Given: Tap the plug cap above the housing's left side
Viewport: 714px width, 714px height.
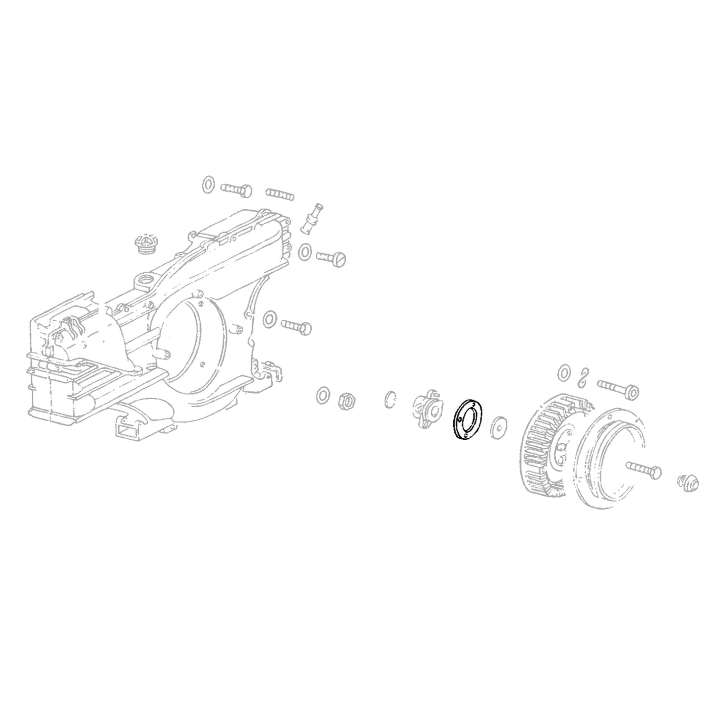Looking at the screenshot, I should coord(144,244).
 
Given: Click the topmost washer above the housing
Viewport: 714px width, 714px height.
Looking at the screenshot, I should coord(208,184).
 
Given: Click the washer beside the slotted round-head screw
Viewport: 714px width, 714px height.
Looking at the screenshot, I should coord(305,251).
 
